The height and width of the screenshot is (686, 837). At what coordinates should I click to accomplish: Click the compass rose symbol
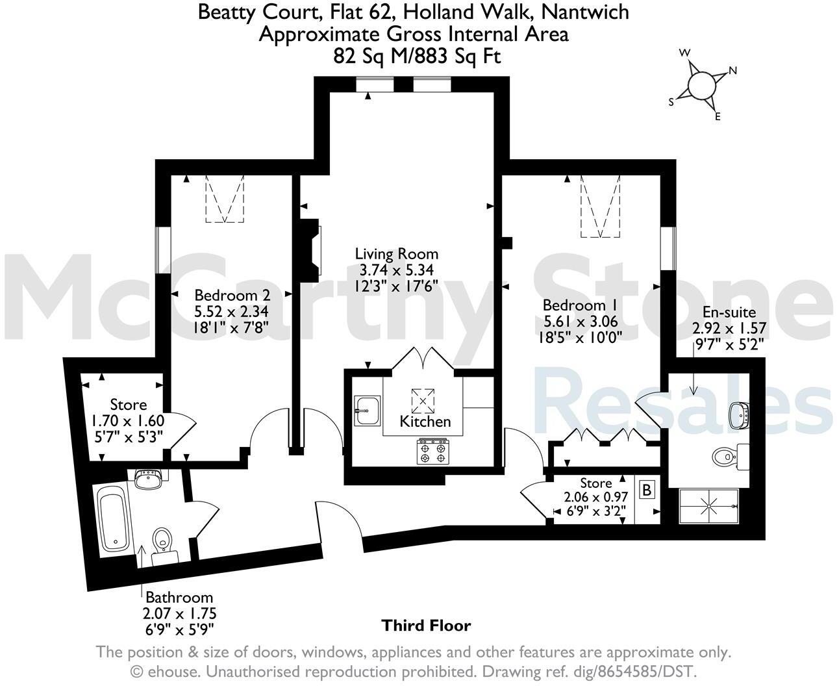(x=701, y=85)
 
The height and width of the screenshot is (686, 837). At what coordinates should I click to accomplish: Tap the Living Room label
(x=396, y=254)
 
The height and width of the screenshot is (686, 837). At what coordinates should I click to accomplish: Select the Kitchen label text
(x=425, y=422)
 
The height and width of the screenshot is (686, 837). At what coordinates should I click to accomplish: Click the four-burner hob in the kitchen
(x=434, y=452)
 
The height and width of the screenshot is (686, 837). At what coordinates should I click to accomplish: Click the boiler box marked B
(x=647, y=490)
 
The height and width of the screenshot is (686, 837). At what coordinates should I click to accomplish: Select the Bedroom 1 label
(x=580, y=305)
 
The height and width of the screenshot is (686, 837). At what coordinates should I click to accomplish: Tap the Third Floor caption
(x=425, y=626)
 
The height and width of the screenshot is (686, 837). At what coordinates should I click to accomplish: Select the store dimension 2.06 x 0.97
(x=595, y=498)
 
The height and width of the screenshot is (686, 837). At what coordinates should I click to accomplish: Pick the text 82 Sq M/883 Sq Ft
(x=417, y=57)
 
